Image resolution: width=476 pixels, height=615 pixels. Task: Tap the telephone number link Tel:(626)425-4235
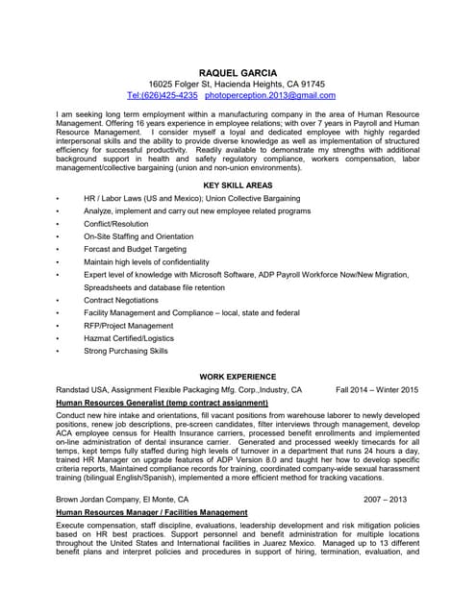click(x=162, y=96)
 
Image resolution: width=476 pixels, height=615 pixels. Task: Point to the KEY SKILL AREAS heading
click(x=238, y=184)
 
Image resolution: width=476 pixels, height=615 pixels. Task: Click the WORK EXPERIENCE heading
click(x=238, y=377)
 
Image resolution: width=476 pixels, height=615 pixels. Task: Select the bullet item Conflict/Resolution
click(x=115, y=223)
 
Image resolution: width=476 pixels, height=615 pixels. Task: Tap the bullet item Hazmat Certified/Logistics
click(x=129, y=338)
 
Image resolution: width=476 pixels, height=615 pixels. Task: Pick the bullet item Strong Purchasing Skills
click(x=125, y=352)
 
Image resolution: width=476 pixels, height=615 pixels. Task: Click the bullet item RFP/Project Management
click(x=129, y=326)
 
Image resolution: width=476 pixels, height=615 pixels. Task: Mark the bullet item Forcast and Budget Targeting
click(x=134, y=249)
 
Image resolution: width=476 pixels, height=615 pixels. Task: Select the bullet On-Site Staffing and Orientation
click(x=138, y=236)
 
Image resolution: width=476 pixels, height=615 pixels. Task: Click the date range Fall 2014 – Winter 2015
click(x=377, y=390)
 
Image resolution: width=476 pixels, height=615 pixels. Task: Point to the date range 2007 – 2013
click(x=386, y=500)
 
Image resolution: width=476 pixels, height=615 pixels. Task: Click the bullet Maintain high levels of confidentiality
click(x=146, y=261)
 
